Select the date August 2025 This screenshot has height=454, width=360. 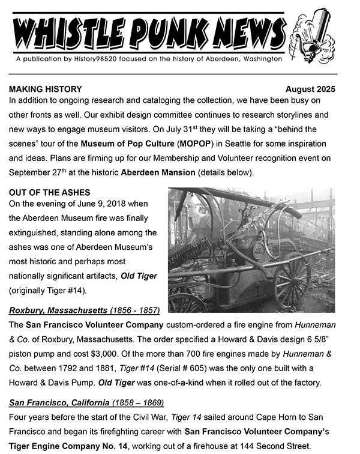pyautogui.click(x=310, y=89)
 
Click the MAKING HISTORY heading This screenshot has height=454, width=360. pyautogui.click(x=46, y=89)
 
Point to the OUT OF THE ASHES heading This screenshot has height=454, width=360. pyautogui.click(x=49, y=192)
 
